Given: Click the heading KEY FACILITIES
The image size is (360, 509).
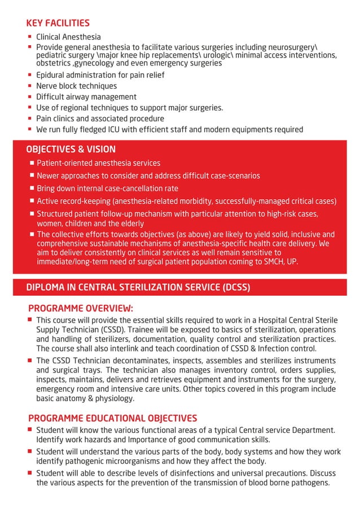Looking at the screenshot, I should click(58, 23).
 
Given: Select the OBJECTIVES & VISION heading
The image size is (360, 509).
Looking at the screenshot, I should click(71, 150).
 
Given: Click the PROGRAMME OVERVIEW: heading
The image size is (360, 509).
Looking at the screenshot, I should click(81, 308).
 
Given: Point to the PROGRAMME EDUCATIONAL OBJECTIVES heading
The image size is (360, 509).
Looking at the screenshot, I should click(112, 418).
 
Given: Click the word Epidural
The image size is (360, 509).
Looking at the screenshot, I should click(52, 75).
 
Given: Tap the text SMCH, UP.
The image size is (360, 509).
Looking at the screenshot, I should click(279, 262).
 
